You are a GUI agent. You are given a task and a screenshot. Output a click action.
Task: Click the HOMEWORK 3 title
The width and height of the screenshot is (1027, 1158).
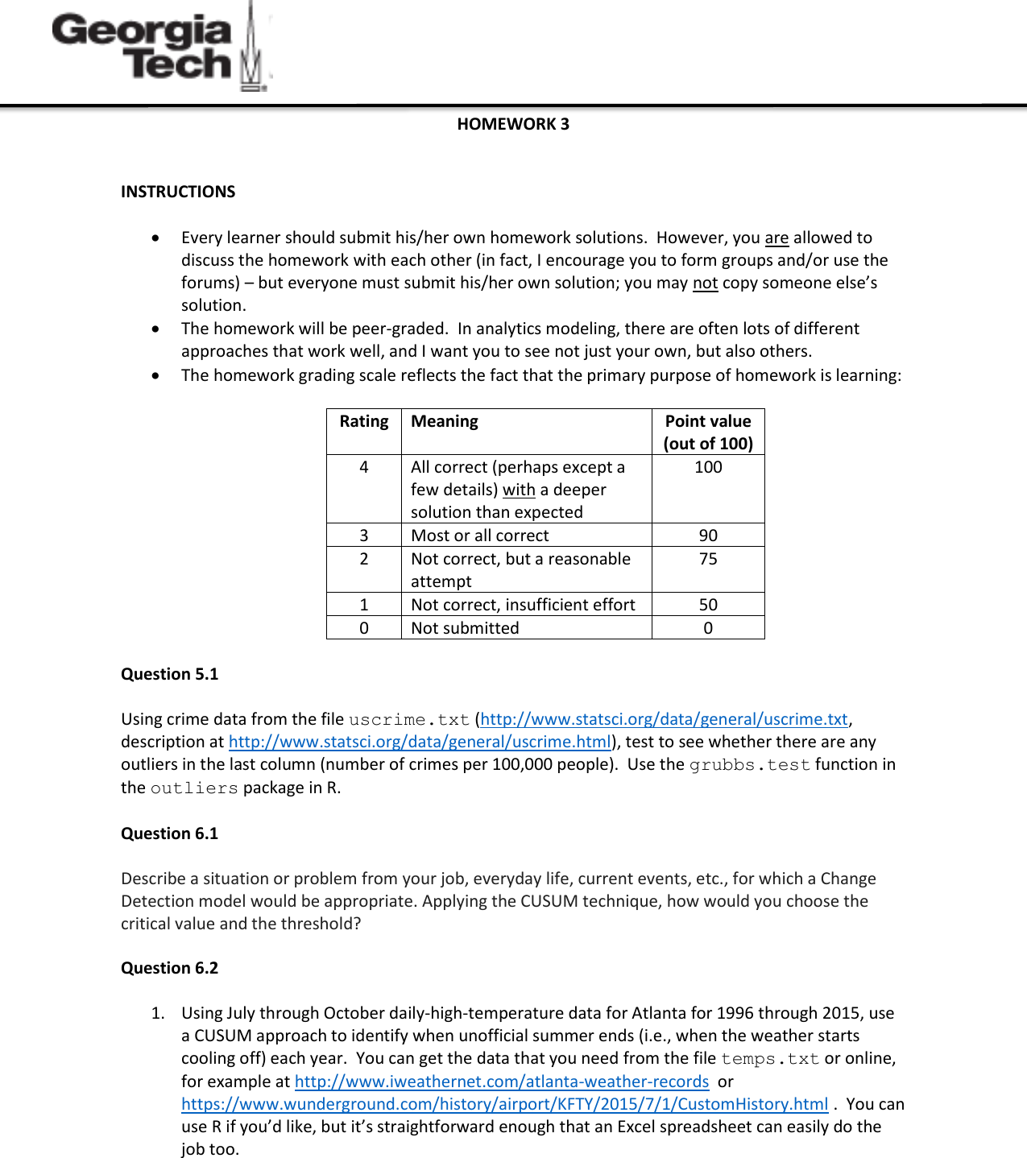(513, 124)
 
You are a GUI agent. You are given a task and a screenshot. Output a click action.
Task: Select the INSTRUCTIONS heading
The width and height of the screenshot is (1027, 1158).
(178, 192)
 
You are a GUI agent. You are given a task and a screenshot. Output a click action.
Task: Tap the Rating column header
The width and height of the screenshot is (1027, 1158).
(364, 421)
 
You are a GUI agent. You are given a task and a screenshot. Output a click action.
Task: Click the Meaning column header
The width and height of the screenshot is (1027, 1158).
(445, 421)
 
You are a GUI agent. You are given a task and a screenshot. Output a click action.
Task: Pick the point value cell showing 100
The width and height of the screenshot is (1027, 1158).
(708, 467)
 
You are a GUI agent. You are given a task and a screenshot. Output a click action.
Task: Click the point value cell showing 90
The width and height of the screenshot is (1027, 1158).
(708, 536)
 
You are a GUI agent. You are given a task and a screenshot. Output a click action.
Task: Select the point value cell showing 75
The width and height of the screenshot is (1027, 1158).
(708, 559)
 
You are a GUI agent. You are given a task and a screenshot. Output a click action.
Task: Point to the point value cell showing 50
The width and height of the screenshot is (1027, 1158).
(708, 605)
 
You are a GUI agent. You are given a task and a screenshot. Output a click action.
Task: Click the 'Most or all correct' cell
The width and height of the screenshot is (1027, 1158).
(480, 536)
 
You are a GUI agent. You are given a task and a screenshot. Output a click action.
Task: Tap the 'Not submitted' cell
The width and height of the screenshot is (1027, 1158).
(465, 628)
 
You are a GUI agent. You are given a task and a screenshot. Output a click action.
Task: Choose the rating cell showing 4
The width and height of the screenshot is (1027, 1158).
(364, 467)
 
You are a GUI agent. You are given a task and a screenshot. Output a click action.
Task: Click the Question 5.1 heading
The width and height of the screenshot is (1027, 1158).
(169, 674)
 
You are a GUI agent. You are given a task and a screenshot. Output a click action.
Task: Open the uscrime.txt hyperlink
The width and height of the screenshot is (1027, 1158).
(664, 719)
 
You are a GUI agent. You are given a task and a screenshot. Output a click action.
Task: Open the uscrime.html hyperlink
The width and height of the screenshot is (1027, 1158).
(420, 742)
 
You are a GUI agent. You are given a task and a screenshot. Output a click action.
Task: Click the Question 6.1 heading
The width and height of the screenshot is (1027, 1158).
(169, 833)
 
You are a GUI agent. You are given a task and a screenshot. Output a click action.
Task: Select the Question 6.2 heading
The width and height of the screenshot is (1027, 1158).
(169, 968)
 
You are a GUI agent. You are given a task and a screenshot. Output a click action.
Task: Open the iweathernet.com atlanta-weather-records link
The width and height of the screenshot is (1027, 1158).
(501, 1081)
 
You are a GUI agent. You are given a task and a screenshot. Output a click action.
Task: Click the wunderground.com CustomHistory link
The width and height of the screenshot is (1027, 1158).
(504, 1104)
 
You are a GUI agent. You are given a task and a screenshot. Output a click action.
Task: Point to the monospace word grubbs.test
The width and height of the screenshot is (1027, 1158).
(749, 765)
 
